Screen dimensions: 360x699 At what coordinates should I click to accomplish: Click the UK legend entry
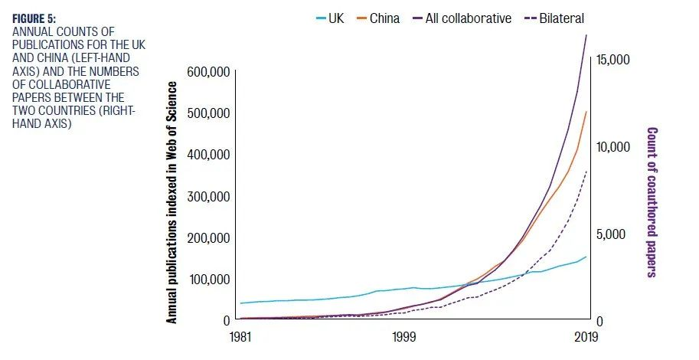coord(330,18)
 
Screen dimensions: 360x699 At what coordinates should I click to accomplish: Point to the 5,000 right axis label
coord(611,234)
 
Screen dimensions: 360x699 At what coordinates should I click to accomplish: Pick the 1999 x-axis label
coord(404,337)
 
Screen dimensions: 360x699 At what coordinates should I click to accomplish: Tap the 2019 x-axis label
coord(586,337)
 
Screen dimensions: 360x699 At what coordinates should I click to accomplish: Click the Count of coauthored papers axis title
coord(652,201)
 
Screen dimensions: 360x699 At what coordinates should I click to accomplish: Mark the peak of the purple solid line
coord(586,35)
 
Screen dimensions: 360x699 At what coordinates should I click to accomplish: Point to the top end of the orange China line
coord(586,112)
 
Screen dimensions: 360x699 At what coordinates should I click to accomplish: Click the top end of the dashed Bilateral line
coord(586,172)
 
